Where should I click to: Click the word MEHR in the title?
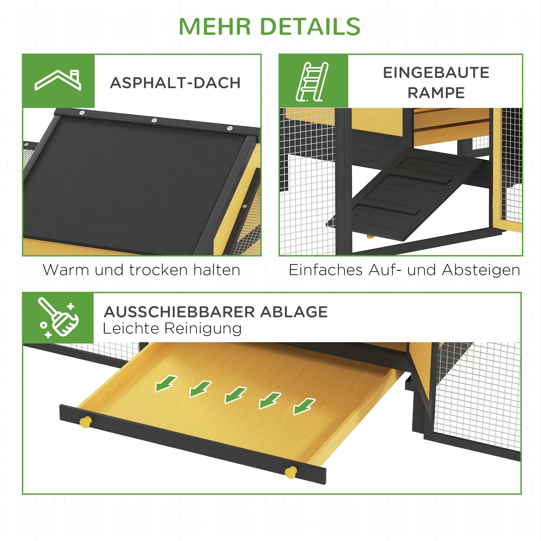tap(215, 27)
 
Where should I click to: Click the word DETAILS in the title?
tap(310, 27)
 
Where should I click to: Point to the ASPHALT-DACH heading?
tap(175, 83)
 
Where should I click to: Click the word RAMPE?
tap(436, 93)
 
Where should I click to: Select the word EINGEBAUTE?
tap(436, 73)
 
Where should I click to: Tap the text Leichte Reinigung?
tap(172, 328)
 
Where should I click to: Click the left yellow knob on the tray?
tap(85, 422)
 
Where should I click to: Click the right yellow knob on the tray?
tap(291, 472)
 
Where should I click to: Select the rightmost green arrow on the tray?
tap(304, 406)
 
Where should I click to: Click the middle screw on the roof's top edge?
tap(154, 120)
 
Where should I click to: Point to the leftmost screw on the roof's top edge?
tap(82, 113)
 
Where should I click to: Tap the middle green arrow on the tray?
tap(235, 395)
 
